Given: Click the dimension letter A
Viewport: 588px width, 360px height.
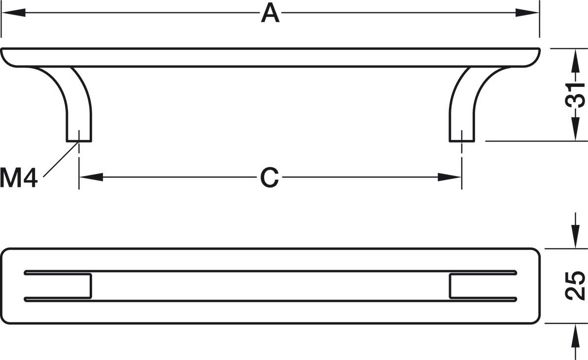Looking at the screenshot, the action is (271, 13).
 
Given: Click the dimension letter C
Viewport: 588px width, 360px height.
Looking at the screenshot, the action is (270, 177).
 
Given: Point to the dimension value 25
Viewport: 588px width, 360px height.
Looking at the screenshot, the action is (575, 286).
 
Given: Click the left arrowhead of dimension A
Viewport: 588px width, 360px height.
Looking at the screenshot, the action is (13, 13).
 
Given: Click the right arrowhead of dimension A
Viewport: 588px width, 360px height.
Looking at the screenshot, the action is (527, 13).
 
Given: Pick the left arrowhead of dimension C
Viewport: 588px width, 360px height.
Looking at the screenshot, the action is (91, 177).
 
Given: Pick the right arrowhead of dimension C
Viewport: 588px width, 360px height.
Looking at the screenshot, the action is (449, 177).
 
